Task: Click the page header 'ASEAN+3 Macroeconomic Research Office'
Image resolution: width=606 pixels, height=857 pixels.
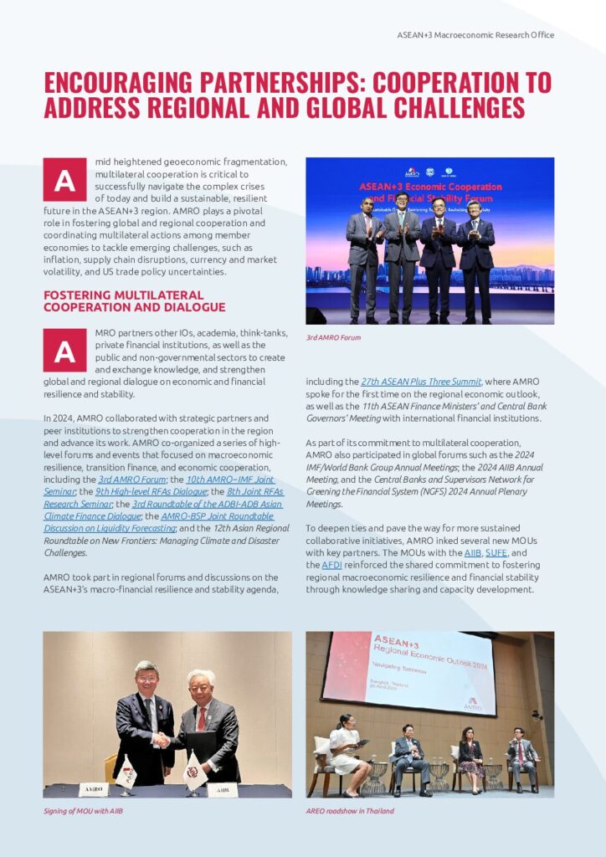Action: pyautogui.click(x=475, y=35)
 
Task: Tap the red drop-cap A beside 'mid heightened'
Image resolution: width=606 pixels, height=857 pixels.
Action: pyautogui.click(x=64, y=180)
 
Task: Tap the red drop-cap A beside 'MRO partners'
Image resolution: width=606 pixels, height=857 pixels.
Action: pyautogui.click(x=64, y=351)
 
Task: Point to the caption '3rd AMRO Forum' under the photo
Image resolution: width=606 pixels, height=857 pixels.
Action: pyautogui.click(x=333, y=337)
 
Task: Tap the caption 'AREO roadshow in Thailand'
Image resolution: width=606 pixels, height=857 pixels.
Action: pyautogui.click(x=350, y=810)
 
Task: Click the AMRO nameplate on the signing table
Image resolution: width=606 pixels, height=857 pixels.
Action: pyautogui.click(x=93, y=788)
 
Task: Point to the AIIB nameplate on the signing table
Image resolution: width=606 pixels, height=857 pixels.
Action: pyautogui.click(x=223, y=788)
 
